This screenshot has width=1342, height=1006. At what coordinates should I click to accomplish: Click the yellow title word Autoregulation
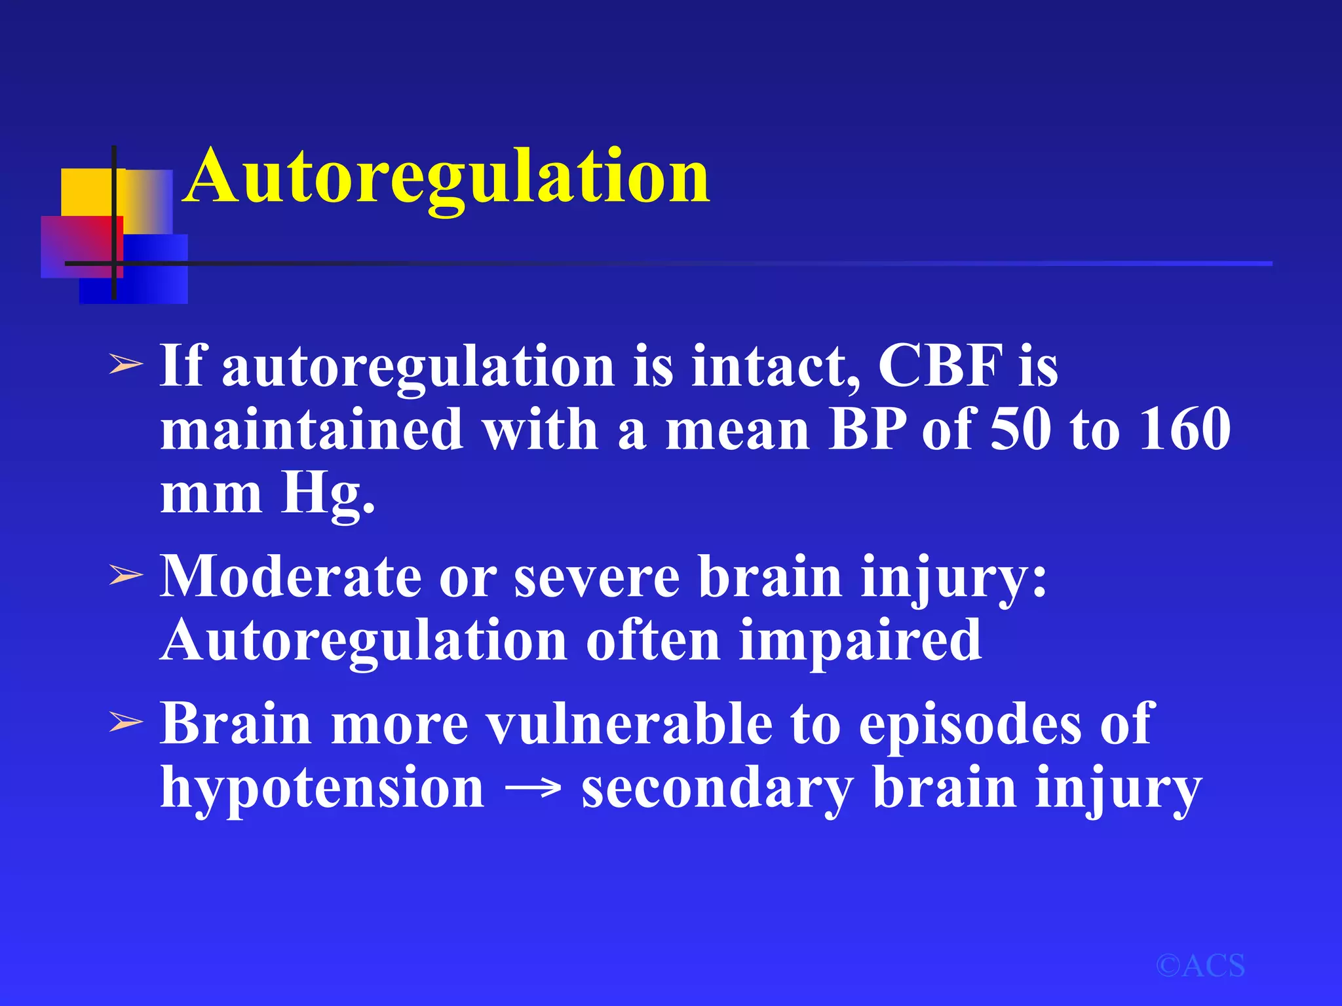pyautogui.click(x=448, y=176)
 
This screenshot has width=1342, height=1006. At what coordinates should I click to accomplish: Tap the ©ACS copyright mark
pyautogui.click(x=1200, y=965)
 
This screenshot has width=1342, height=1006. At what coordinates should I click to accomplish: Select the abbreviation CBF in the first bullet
pyautogui.click(x=940, y=365)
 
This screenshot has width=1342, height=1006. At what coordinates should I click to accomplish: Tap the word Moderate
pyautogui.click(x=292, y=576)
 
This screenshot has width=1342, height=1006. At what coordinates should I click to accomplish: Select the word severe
pyautogui.click(x=597, y=576)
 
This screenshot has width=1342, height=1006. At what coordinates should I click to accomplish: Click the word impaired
pyautogui.click(x=860, y=641)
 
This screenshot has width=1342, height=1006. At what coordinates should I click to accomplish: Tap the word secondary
pyautogui.click(x=718, y=788)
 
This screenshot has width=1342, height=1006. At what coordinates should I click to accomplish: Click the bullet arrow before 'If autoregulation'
pyautogui.click(x=125, y=364)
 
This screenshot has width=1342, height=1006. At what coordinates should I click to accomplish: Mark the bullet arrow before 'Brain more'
pyautogui.click(x=125, y=723)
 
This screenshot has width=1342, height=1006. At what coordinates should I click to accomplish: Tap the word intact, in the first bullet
pyautogui.click(x=776, y=365)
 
